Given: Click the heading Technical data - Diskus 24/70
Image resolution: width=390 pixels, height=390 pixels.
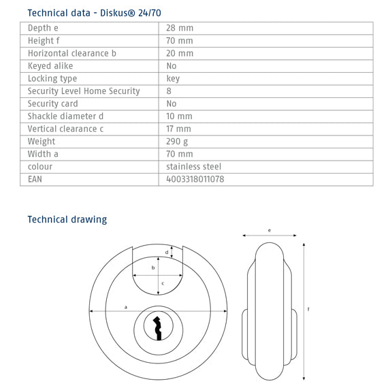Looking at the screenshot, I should click(94, 12).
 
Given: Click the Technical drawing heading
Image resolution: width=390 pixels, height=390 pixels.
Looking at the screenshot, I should click(67, 219).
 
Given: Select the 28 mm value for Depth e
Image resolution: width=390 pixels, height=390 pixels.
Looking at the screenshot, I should click(180, 29).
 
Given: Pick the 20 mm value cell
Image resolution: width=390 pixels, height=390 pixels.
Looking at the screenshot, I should click(180, 54).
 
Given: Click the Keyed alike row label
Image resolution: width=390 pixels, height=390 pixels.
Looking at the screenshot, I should click(50, 66).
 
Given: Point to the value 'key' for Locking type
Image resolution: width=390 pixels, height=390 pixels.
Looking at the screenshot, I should click(173, 79).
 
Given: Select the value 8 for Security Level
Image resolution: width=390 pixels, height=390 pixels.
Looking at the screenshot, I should click(169, 91).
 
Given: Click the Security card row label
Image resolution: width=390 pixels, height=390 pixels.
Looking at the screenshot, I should click(53, 104).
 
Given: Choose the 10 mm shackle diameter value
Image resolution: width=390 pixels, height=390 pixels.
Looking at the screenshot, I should click(180, 116).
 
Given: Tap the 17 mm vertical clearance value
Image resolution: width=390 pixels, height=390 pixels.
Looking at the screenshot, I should click(179, 129).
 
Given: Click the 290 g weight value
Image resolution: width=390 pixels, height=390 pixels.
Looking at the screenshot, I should click(178, 142).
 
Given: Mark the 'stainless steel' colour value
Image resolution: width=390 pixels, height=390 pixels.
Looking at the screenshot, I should click(194, 167).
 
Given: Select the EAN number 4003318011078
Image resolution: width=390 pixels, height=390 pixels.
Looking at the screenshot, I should click(195, 180).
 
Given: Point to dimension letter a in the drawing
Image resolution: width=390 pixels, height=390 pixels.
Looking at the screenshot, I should click(126, 308).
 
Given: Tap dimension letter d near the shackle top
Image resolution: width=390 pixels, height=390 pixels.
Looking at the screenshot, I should click(167, 253).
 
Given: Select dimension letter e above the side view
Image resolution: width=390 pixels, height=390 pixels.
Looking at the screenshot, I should click(270, 231).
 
